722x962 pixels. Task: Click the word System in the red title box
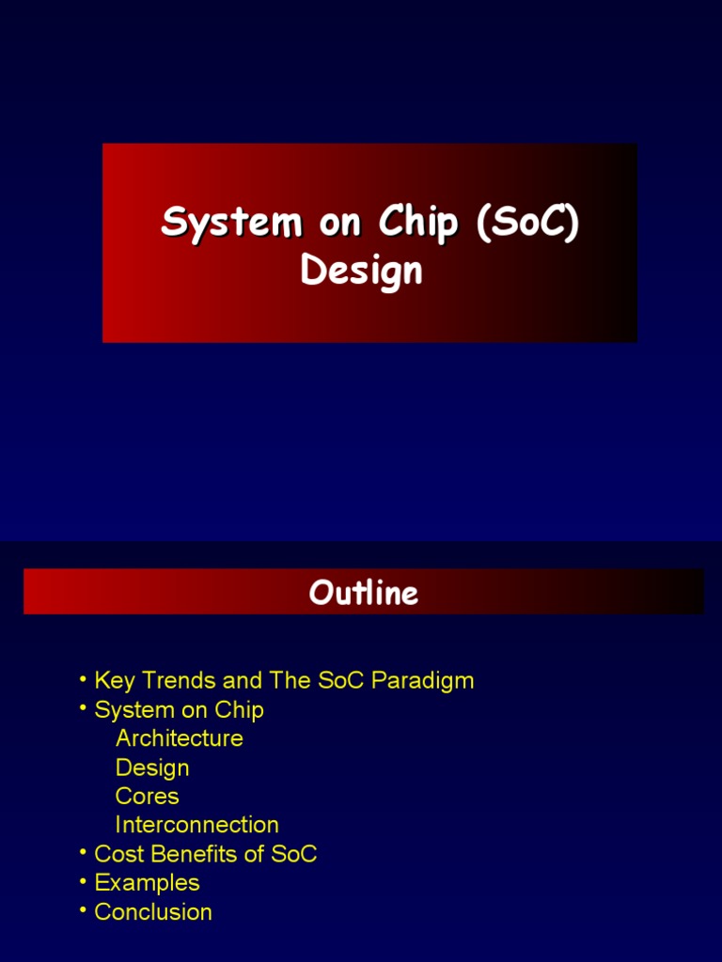(219, 224)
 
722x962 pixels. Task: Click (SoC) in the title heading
(527, 224)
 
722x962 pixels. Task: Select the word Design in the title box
(361, 271)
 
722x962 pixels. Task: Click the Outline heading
(363, 593)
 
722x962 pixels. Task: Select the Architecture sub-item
(179, 738)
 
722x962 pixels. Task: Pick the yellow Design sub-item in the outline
(152, 768)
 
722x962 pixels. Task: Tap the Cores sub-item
(147, 797)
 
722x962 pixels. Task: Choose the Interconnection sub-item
(196, 825)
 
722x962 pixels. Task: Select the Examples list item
(147, 883)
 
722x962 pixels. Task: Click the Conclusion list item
(153, 912)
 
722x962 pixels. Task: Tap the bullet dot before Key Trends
(84, 678)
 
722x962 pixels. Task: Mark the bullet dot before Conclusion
(84, 910)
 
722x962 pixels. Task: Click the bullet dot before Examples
(84, 881)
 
